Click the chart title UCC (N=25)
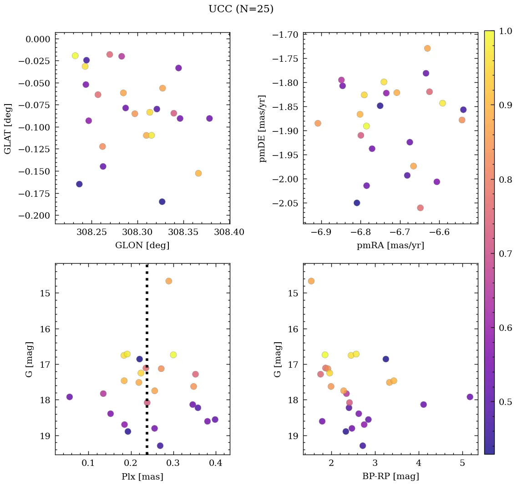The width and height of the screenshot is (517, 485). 241,9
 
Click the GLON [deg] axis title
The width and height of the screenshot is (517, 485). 142,245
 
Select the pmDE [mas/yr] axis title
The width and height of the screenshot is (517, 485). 263,129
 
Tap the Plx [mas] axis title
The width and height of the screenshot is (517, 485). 142,476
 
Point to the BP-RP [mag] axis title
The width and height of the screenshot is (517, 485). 390,476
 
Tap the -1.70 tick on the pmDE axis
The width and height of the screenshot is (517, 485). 285,35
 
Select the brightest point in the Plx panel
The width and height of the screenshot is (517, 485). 168,281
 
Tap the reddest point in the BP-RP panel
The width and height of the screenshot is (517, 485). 470,397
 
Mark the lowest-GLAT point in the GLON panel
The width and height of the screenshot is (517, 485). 162,202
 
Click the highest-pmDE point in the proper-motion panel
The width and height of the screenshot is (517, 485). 427,48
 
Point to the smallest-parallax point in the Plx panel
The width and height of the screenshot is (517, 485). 70,397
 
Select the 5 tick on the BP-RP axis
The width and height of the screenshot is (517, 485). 462,464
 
